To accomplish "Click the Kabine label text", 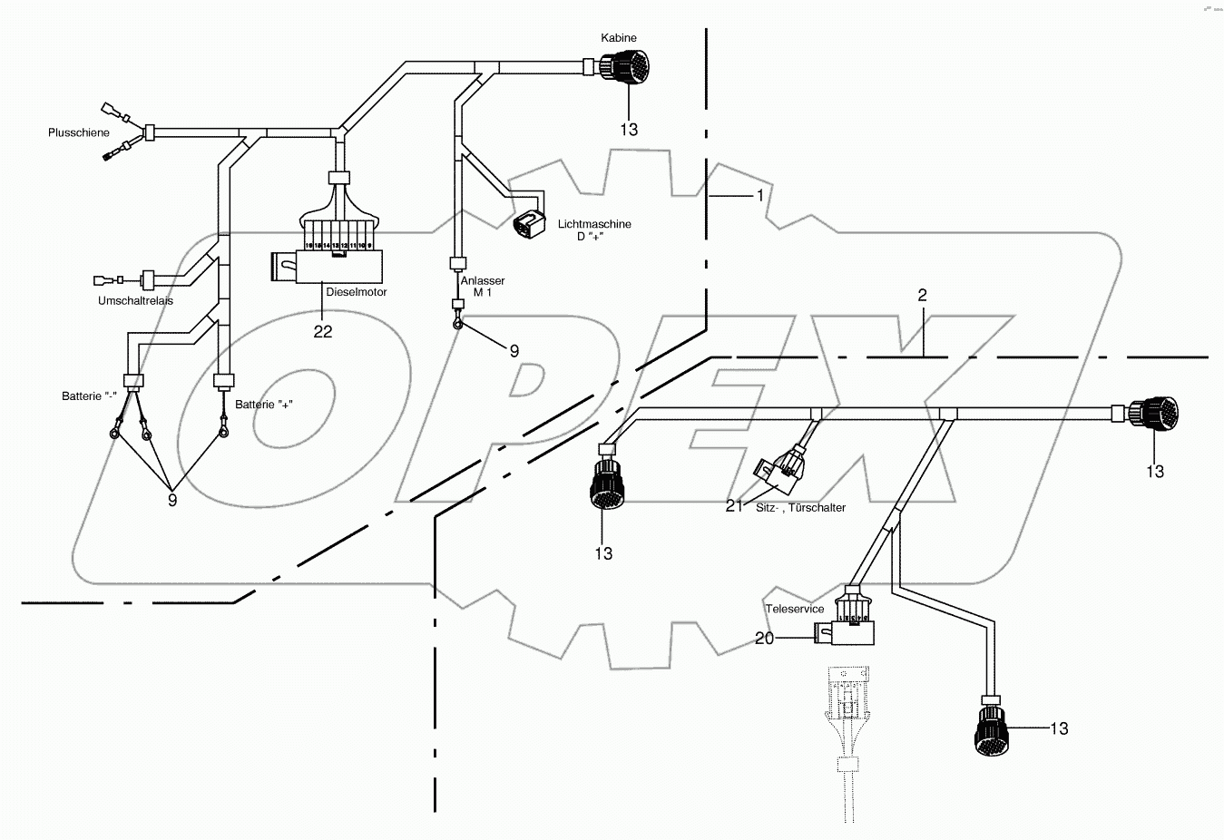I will coord(619,38).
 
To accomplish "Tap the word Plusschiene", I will coord(79,133).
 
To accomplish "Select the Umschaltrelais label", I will coord(135,300).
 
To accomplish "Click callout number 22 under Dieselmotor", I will coord(323,332).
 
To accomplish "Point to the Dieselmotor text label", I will coord(357,292).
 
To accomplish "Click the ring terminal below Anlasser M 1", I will coord(458,323).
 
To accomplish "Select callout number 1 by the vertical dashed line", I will coord(760,195).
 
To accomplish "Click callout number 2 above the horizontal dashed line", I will coord(922,296).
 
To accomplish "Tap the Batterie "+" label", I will coord(264,405).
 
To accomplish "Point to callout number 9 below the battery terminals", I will coord(171,499).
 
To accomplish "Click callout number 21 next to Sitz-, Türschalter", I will coord(734,506).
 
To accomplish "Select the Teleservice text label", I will coord(795,609).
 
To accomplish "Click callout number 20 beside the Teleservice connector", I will coord(764,639).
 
